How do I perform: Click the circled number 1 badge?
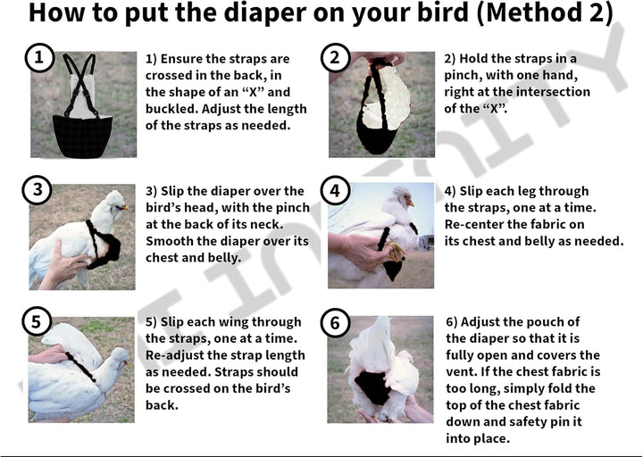pos(38,59)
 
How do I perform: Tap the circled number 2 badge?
pos(335,59)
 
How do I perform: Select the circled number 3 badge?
pos(38,190)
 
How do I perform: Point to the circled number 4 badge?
pos(335,190)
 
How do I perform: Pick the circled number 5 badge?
pos(38,322)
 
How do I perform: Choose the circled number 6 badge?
pos(335,322)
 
